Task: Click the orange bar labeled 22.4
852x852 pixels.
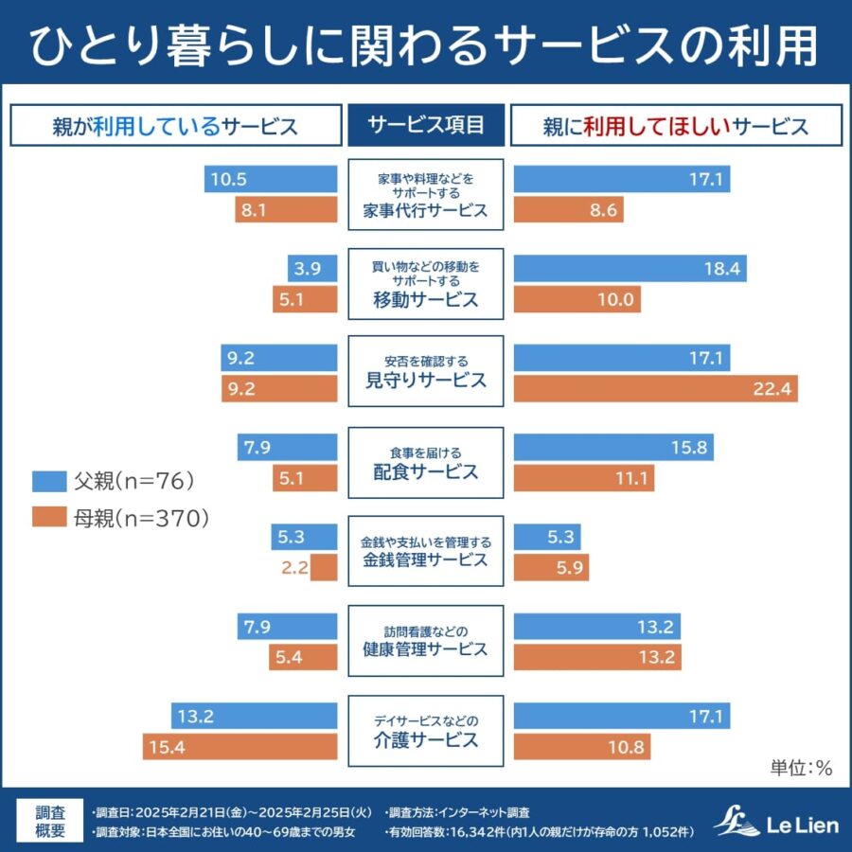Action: pyautogui.click(x=655, y=388)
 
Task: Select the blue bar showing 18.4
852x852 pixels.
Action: pyautogui.click(x=630, y=269)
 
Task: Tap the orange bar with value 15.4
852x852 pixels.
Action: pyautogui.click(x=240, y=747)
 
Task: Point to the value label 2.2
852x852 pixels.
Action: pyautogui.click(x=294, y=568)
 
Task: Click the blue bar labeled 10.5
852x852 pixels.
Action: pyautogui.click(x=270, y=179)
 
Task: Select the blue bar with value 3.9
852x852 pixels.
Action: pyautogui.click(x=312, y=269)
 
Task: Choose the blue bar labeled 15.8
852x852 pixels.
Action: pyautogui.click(x=613, y=448)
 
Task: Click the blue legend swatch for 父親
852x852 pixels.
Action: pyautogui.click(x=48, y=481)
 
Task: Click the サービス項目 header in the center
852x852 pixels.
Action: pyautogui.click(x=426, y=125)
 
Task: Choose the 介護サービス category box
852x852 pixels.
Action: pyautogui.click(x=426, y=731)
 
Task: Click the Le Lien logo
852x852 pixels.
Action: pyautogui.click(x=776, y=822)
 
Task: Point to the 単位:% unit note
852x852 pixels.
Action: pyautogui.click(x=800, y=768)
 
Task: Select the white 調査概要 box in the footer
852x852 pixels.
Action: pyautogui.click(x=51, y=822)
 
